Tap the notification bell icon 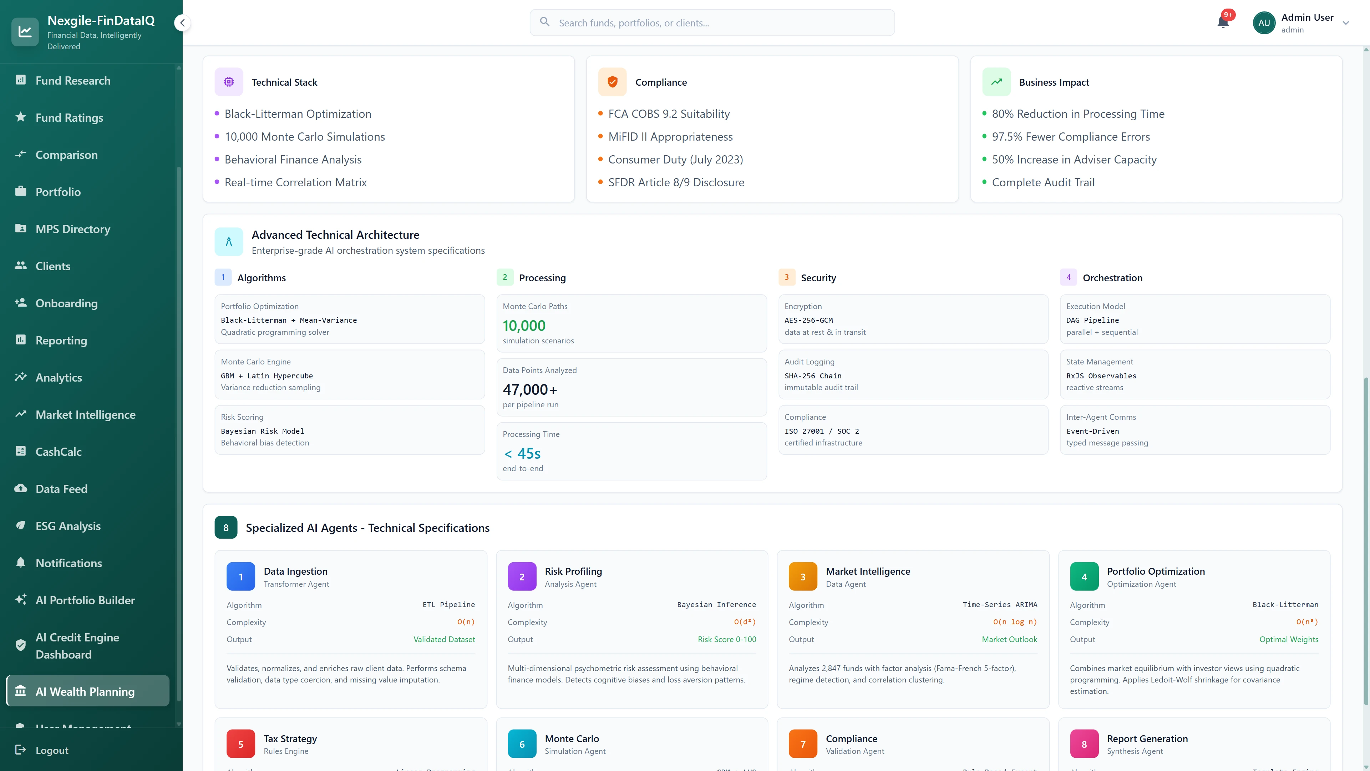pyautogui.click(x=1223, y=22)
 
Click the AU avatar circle pyautogui.click(x=1264, y=23)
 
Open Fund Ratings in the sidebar pyautogui.click(x=69, y=117)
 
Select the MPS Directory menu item pyautogui.click(x=73, y=229)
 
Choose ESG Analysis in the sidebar pyautogui.click(x=68, y=526)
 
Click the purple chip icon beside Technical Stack pyautogui.click(x=229, y=82)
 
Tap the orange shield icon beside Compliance pyautogui.click(x=612, y=82)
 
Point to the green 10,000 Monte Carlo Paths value pyautogui.click(x=524, y=326)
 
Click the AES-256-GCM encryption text pyautogui.click(x=808, y=320)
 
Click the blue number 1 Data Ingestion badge pyautogui.click(x=240, y=577)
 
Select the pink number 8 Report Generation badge pyautogui.click(x=1084, y=744)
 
